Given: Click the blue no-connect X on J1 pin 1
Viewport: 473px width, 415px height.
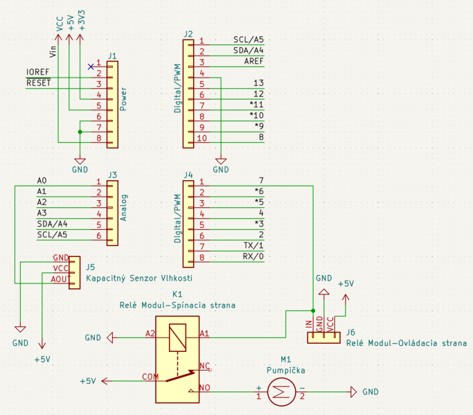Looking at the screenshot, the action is coord(91,67).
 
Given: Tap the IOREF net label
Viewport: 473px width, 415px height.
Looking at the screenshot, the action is coord(37,72).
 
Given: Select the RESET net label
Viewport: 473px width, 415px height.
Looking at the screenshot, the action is coord(39,82).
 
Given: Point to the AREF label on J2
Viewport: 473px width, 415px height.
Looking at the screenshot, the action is coord(253,61).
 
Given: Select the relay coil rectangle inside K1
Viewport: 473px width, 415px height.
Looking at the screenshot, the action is coord(178,337).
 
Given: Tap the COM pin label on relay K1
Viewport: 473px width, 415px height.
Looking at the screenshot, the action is coord(150,377).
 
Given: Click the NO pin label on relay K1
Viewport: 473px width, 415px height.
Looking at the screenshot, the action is coord(205,387).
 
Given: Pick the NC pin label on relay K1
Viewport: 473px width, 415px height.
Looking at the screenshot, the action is coord(205,366).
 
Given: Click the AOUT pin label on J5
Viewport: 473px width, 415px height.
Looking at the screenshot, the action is coord(60,279).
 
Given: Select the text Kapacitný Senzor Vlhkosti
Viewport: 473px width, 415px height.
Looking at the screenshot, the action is coord(139,278).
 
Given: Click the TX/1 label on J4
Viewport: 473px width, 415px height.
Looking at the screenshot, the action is coord(253,245).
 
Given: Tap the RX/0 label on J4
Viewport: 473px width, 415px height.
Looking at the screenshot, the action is coord(253,256).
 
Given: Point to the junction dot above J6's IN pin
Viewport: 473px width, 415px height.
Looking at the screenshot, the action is coord(313,310).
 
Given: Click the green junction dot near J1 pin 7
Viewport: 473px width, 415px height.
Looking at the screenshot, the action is coord(80,132).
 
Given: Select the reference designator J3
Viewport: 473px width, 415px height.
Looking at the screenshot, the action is coord(112,175).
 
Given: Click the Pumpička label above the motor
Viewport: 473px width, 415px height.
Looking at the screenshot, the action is coord(286,370).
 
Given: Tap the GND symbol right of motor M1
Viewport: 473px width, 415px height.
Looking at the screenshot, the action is coord(354,391).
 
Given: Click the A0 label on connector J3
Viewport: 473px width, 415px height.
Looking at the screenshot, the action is coord(42,181).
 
